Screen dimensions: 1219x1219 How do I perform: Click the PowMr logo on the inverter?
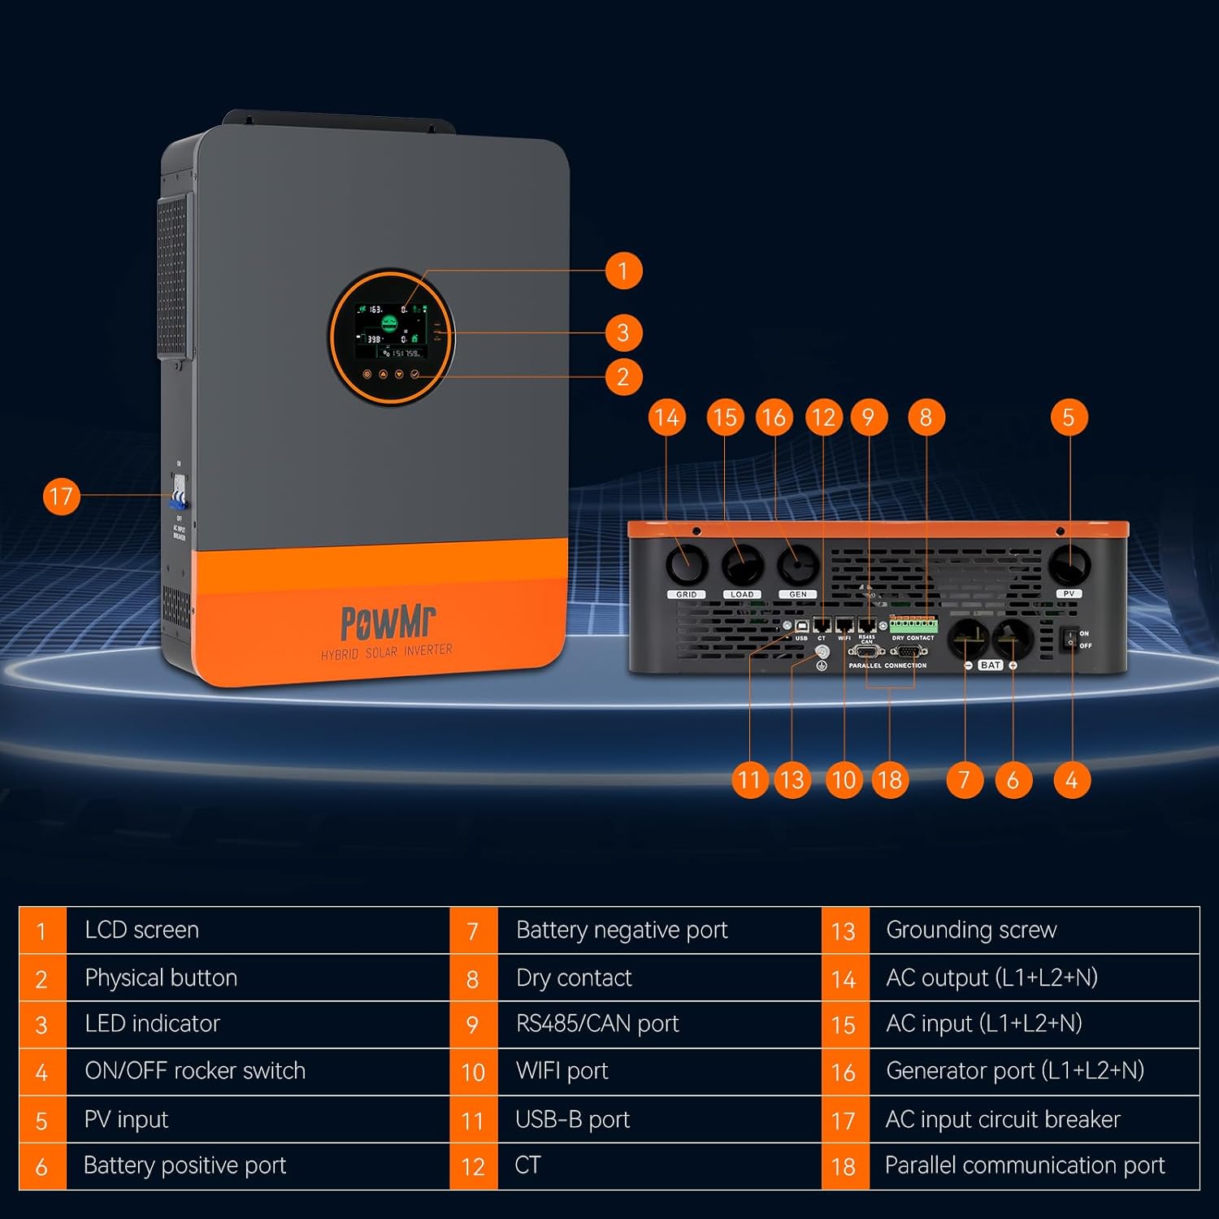click(388, 623)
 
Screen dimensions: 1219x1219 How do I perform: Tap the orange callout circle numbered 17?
click(61, 497)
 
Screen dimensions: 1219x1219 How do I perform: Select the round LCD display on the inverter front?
click(391, 337)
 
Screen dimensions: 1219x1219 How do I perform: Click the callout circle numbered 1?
click(623, 271)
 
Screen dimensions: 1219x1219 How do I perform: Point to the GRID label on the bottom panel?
click(687, 594)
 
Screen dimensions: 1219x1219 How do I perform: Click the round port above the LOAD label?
click(743, 564)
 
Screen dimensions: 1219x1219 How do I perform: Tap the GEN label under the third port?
click(798, 594)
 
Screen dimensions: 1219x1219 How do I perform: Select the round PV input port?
click(1069, 564)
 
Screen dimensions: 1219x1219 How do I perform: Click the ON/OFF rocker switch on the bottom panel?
click(1069, 640)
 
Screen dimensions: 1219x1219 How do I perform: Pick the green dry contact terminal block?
click(913, 625)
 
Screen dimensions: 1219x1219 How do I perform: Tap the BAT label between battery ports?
click(991, 665)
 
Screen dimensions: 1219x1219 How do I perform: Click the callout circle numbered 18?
click(890, 780)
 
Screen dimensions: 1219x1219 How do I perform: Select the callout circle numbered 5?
click(1069, 418)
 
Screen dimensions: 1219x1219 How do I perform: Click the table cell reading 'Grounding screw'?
click(971, 930)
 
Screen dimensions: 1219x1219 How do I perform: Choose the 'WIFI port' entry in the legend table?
click(562, 1071)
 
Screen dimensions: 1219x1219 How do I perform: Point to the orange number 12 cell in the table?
click(473, 1167)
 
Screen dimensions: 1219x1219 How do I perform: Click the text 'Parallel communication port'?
click(1024, 1165)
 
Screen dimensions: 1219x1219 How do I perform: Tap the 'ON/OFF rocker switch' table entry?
click(195, 1071)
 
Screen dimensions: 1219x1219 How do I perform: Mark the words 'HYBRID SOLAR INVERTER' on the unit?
click(387, 652)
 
